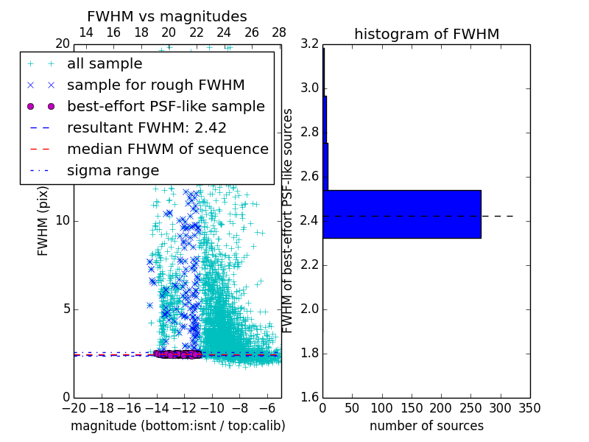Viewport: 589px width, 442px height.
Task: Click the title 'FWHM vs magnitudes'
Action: [x=166, y=17]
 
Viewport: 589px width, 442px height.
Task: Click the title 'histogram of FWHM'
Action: [x=426, y=34]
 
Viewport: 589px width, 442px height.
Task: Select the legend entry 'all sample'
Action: [x=105, y=64]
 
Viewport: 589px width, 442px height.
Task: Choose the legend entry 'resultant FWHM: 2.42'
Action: [x=147, y=128]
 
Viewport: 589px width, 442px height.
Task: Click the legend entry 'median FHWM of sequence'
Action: [x=167, y=150]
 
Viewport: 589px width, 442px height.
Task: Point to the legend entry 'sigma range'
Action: [x=113, y=171]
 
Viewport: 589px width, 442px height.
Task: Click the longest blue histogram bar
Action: [x=401, y=214]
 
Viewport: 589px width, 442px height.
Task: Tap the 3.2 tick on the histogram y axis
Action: [x=309, y=44]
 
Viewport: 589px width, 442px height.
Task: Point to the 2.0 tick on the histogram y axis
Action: [x=309, y=309]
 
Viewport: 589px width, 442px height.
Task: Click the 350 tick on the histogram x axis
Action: [x=530, y=407]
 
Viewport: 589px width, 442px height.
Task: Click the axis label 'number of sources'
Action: [x=426, y=426]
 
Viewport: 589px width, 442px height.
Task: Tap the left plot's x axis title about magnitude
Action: [x=177, y=426]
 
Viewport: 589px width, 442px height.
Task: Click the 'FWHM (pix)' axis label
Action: [x=43, y=221]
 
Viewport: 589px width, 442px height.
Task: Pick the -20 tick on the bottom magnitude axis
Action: [x=74, y=407]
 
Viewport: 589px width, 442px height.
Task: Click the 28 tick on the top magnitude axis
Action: [x=279, y=32]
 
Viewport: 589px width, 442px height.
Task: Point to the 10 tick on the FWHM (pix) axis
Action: [x=63, y=221]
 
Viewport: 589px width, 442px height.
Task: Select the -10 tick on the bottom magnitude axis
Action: [x=212, y=407]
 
